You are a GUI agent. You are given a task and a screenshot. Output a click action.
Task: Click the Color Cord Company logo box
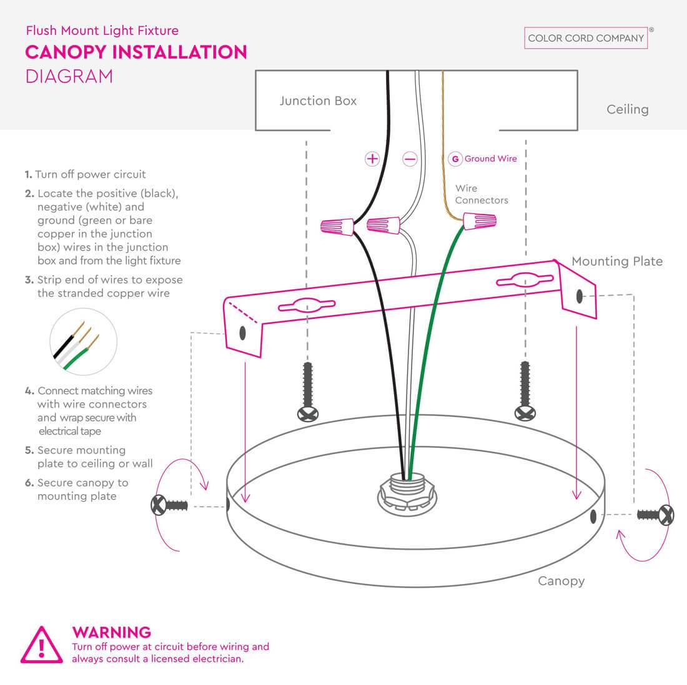(586, 38)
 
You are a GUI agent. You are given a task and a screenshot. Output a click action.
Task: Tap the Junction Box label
(318, 101)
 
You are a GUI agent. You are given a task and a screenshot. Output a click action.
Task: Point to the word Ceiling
(628, 109)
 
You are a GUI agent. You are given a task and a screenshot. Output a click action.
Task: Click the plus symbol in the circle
(372, 158)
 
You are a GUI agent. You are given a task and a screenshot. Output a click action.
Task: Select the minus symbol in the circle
(410, 159)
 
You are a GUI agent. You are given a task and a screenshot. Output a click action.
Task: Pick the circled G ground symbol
(455, 159)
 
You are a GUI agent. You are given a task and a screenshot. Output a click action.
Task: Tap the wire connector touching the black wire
(337, 226)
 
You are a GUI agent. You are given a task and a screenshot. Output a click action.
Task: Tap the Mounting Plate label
(617, 261)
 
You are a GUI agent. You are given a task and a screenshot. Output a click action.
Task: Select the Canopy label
(561, 581)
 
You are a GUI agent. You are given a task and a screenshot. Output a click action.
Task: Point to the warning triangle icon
(42, 644)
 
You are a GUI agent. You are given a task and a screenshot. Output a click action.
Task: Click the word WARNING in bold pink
(112, 632)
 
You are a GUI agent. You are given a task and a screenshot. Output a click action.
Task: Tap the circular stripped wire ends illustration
(83, 342)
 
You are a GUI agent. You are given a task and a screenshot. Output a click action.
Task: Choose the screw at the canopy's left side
(169, 505)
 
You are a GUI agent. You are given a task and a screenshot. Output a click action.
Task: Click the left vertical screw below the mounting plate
(308, 392)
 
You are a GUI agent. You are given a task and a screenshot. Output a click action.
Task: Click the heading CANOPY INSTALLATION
(136, 52)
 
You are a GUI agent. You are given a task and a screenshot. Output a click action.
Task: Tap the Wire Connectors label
(482, 195)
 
